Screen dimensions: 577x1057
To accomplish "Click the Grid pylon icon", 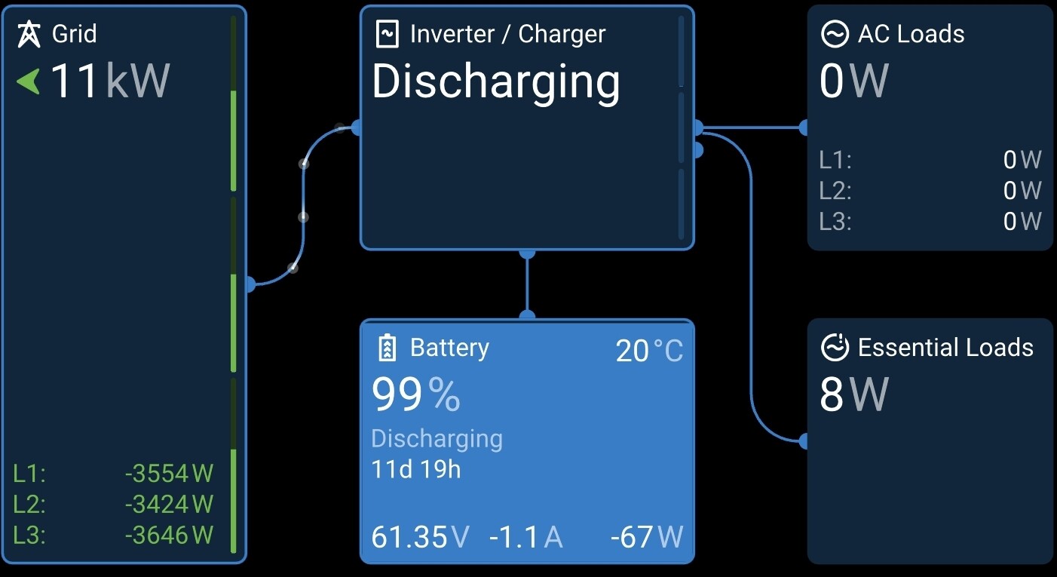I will coord(29,34).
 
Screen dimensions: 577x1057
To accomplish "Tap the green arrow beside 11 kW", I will coord(28,81).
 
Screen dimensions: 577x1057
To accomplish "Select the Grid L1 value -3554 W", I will coord(169,474).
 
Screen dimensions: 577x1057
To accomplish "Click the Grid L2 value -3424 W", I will coord(169,504).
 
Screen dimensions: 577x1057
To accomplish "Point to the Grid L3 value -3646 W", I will coord(169,535).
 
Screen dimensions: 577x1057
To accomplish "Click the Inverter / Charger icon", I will coord(387,34).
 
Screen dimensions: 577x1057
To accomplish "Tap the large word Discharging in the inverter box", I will coord(496,81).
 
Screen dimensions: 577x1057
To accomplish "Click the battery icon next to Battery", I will coord(387,348).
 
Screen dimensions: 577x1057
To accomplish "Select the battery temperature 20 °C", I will coord(649,351).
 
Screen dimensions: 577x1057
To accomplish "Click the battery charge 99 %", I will coord(415,394).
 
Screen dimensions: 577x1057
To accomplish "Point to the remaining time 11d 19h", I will coord(416,470).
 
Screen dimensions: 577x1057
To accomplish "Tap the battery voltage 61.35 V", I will coord(420,538).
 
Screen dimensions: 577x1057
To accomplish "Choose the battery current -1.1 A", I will coord(525,538).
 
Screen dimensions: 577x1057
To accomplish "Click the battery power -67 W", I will coord(646,538).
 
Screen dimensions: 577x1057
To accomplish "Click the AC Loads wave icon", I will coord(835,34).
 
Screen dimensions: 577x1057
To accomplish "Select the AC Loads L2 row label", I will coord(835,191).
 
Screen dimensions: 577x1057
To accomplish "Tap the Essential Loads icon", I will coord(835,348).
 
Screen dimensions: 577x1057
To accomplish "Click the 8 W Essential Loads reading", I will coord(854,394).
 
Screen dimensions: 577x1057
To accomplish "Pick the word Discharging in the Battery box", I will coord(437,439).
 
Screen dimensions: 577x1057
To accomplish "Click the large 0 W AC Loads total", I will coord(854,81).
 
